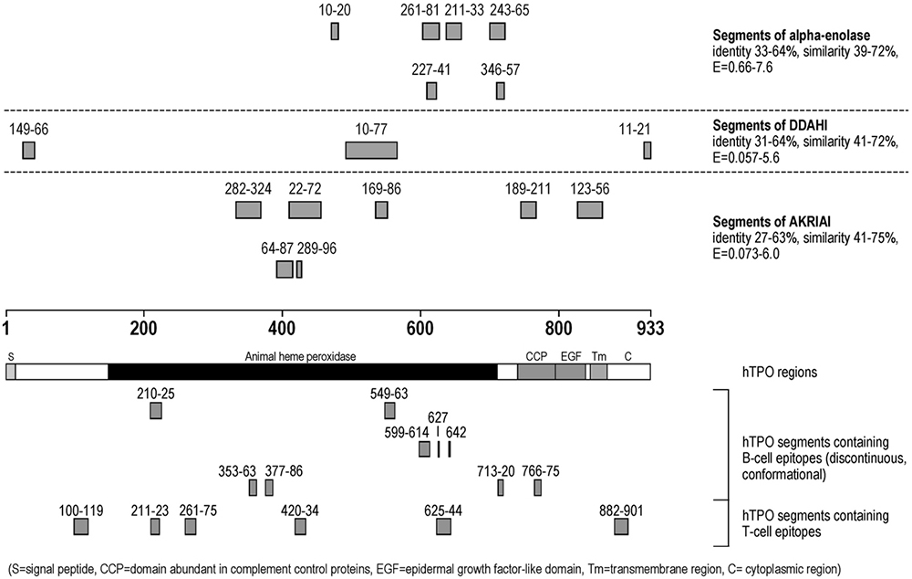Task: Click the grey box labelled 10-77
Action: click(x=370, y=151)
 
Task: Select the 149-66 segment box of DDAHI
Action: click(x=28, y=151)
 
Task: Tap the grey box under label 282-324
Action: click(x=248, y=210)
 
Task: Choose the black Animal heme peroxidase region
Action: click(x=302, y=372)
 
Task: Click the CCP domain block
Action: click(x=535, y=372)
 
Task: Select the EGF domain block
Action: click(x=569, y=372)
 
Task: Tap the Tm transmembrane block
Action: click(x=598, y=372)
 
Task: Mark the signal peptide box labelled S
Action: click(x=11, y=372)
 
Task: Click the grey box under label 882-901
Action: click(x=621, y=527)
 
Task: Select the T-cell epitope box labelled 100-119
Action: click(x=81, y=527)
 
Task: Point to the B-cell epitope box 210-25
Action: click(x=156, y=411)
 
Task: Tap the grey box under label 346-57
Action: click(x=500, y=90)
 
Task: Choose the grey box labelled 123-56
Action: click(x=589, y=210)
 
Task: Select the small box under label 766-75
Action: click(x=537, y=488)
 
